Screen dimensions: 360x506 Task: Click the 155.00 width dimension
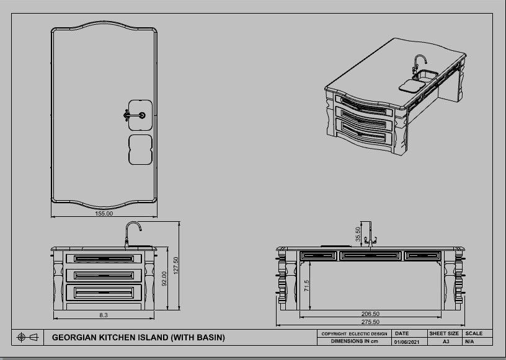tap(104, 214)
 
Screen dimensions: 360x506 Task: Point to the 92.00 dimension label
tap(164, 279)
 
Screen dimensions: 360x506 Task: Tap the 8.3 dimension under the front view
tap(104, 315)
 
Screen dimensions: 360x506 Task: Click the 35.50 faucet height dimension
tap(358, 234)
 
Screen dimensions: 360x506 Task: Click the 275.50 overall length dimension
tap(371, 322)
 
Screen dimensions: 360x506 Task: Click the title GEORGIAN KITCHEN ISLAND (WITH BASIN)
tap(138, 338)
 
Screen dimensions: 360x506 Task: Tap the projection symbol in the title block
tap(28, 337)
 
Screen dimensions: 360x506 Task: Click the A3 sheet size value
tap(445, 341)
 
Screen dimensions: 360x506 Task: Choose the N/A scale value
tap(469, 341)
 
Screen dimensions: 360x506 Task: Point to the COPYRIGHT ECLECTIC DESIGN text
tap(354, 334)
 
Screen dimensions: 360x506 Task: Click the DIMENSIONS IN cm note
tap(354, 341)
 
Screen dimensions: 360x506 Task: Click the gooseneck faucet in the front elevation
tap(133, 234)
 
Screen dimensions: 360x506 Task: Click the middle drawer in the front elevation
tap(104, 274)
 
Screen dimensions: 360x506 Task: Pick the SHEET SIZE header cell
tap(445, 333)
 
